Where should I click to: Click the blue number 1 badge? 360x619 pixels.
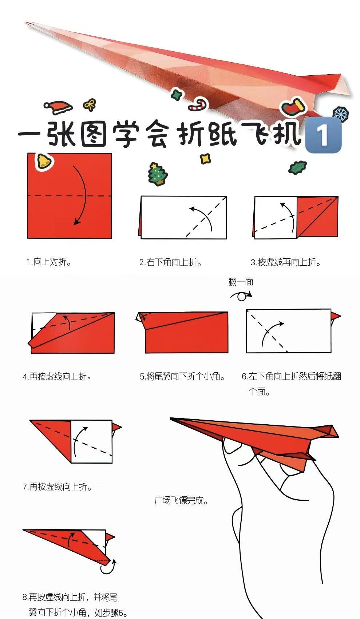point(323,135)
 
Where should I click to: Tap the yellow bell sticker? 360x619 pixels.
point(44,161)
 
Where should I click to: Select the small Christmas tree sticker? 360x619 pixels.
point(158,174)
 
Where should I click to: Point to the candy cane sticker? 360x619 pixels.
point(198,105)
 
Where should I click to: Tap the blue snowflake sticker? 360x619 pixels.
point(340,114)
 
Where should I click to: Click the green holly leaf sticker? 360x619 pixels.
point(297,167)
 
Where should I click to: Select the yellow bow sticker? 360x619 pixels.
point(90,105)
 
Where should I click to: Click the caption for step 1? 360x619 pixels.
point(49,261)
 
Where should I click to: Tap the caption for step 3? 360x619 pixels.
point(286,262)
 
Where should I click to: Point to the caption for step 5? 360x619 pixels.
point(182,376)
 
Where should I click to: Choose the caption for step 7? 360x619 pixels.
point(58,486)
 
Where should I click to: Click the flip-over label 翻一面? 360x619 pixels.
point(241,282)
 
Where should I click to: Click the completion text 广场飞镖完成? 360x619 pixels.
point(181,500)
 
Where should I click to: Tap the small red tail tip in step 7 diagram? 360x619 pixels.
point(117,427)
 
